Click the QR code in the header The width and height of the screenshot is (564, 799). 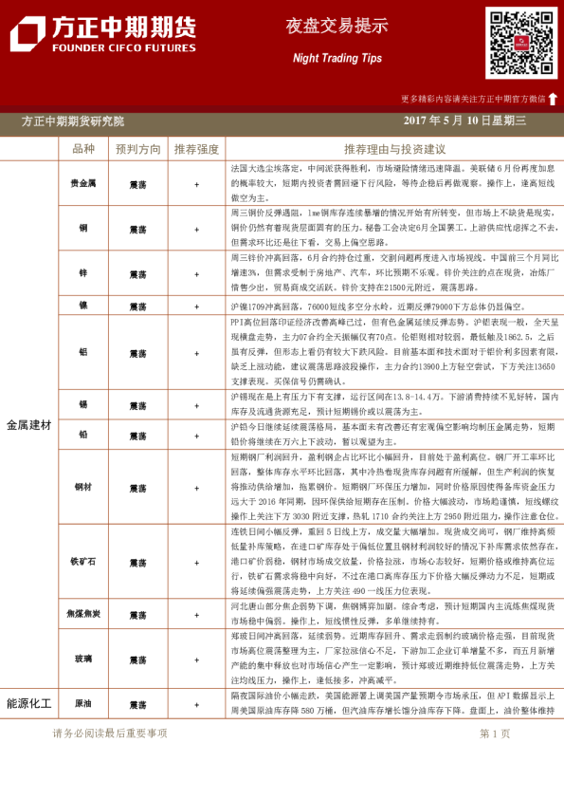point(520,43)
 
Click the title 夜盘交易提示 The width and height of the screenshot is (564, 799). point(337,27)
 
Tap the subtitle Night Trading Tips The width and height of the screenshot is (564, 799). point(337,59)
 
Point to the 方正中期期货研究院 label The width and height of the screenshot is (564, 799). point(73,121)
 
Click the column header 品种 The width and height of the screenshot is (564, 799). point(83,149)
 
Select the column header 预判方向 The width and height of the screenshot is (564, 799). point(138,149)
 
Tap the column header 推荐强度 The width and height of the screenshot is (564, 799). point(196,149)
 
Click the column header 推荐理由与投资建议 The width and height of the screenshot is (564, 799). point(394,149)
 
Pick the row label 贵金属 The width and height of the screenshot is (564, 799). point(83,183)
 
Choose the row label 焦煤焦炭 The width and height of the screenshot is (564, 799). point(83,615)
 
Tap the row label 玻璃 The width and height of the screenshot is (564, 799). point(83,660)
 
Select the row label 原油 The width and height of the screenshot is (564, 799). point(83,705)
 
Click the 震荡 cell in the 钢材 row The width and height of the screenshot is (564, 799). point(138,487)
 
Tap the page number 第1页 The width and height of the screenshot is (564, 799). point(495,734)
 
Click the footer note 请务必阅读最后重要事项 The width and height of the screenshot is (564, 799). point(110,734)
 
